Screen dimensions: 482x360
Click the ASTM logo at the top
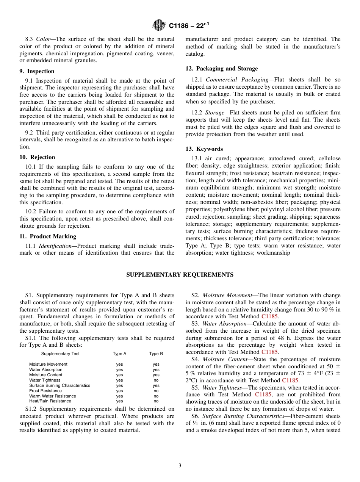point(159,25)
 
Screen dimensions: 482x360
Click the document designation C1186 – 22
point(189,26)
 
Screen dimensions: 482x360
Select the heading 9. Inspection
point(37,71)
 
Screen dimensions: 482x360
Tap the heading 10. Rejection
point(37,157)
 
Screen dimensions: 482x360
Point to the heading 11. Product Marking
point(48,236)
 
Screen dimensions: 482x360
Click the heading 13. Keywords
point(204,149)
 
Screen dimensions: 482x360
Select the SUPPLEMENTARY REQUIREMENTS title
point(180,275)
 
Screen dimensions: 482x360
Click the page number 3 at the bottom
point(180,466)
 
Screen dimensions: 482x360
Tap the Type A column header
point(119,354)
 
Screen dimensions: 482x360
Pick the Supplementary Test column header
point(60,354)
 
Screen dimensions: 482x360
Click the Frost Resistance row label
point(45,391)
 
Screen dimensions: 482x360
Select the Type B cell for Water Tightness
point(156,380)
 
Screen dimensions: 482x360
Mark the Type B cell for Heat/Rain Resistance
point(156,401)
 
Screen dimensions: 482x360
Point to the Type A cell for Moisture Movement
point(119,365)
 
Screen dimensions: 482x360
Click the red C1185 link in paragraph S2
point(269,316)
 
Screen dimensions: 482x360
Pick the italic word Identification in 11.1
point(56,246)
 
